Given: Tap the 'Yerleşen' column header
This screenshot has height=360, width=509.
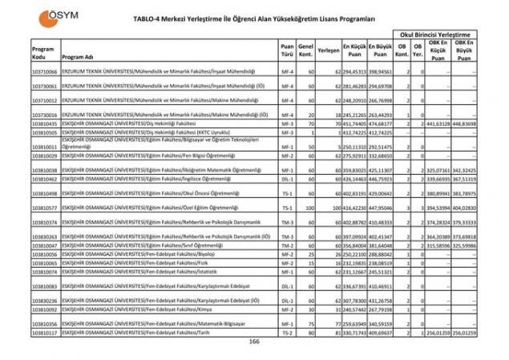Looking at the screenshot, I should (x=329, y=50).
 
